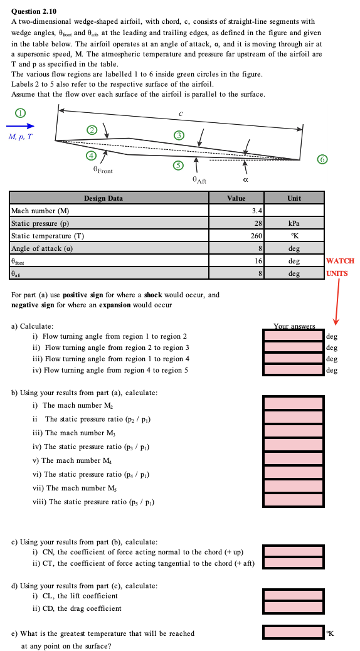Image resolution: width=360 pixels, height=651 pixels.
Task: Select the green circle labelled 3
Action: coord(179,135)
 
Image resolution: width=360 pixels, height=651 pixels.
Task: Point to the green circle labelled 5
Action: coord(179,166)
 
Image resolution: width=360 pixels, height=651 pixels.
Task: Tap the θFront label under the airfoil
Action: coord(103,170)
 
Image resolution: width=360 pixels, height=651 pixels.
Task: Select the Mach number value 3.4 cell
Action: coord(236,210)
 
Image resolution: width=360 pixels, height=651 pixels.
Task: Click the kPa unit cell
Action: coord(294,223)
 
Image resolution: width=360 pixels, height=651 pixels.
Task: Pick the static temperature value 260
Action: coord(236,235)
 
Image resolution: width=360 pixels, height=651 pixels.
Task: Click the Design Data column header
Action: coord(103,198)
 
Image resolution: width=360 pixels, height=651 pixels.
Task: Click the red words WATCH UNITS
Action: coord(339,267)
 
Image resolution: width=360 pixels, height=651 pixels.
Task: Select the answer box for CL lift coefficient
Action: coord(294,595)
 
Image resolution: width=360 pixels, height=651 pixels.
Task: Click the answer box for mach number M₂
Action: coord(294,403)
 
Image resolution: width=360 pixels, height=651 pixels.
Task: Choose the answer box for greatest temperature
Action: coord(294,633)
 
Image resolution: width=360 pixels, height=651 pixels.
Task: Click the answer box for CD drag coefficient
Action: coord(294,608)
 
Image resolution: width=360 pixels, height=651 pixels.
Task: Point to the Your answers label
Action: coord(294,325)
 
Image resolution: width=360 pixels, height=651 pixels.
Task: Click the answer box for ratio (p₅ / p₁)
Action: coord(294,500)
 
